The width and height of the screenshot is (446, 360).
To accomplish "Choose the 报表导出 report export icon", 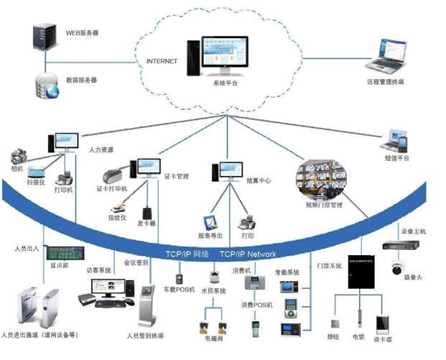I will point(212,222).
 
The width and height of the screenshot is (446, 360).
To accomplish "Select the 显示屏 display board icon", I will point(61,254).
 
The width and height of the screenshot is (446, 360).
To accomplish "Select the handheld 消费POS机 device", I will point(256,327).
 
